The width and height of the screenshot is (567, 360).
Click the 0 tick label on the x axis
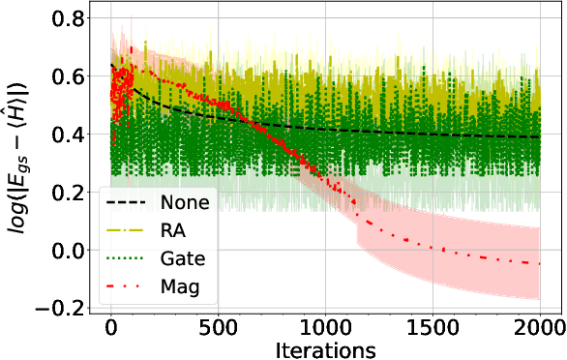[111, 326]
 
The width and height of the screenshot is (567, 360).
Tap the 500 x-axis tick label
[218, 326]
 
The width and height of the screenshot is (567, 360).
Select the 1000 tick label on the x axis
[325, 326]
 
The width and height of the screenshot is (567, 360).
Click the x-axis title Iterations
[324, 346]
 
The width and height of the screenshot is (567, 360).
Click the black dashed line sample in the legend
[128, 203]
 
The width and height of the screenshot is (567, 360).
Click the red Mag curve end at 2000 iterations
[538, 263]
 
